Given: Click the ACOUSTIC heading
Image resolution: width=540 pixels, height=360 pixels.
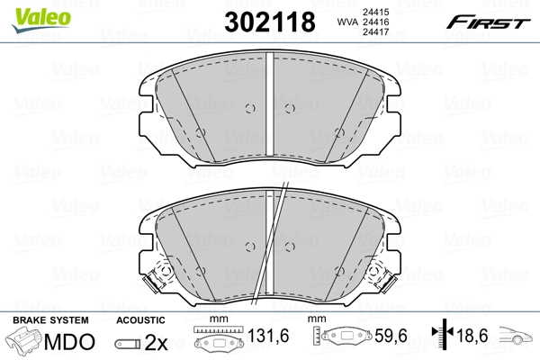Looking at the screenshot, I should pos(141,319).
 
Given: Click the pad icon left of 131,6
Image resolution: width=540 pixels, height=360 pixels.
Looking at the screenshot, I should pos(216,342).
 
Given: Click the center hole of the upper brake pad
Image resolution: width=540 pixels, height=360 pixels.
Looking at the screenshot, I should pos(288,108).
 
